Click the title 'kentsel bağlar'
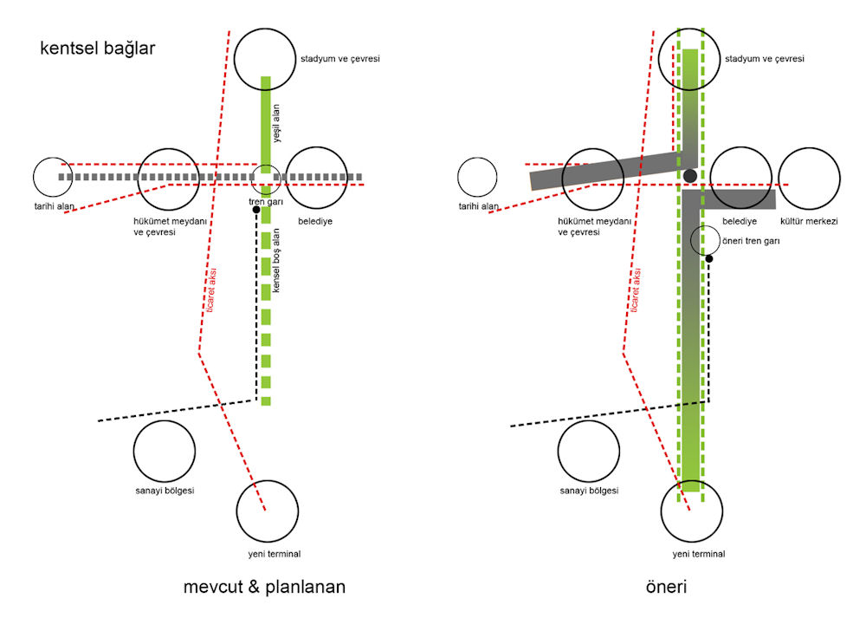pos(97,49)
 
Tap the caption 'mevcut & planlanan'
pos(264,587)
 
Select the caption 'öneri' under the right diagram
pos(666,587)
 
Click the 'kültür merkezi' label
pos(809,221)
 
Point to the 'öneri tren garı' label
pos(751,241)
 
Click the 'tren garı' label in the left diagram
pos(266,202)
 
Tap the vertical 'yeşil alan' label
pos(276,124)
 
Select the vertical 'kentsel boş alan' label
pos(276,260)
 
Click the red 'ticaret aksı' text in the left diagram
pos(211,290)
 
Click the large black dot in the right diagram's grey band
pos(690,176)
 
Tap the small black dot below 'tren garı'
pos(256,210)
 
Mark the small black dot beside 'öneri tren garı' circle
pos(709,258)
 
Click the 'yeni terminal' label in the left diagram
pos(275,554)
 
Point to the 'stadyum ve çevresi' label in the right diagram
pos(765,59)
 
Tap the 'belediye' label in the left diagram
pos(315,221)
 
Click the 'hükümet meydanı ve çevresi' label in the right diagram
pos(594,226)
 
